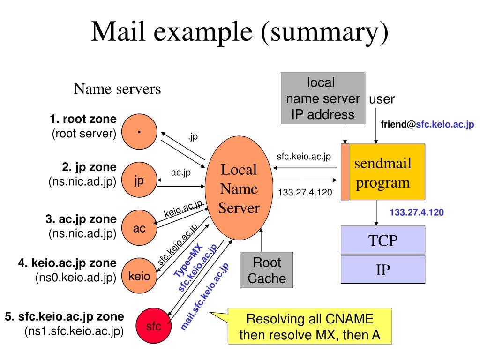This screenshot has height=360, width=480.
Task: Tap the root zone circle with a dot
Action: point(139,133)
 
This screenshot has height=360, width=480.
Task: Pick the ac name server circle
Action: point(139,228)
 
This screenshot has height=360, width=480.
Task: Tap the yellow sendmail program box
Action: point(387,172)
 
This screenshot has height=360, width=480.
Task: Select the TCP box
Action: point(382,240)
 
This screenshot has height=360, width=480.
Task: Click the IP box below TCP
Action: point(382,270)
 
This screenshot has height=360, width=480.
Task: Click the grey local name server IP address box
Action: point(322,98)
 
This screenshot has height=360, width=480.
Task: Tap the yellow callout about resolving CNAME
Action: point(309,327)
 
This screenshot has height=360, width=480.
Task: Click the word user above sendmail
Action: point(382,99)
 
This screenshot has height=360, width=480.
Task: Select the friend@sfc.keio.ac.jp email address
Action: point(427,125)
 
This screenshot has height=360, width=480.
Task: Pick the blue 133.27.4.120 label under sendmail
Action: point(416,212)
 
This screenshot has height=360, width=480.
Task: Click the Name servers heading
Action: point(117,89)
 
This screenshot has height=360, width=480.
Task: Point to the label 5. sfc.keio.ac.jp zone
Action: point(65,316)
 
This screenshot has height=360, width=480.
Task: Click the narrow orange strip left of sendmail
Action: point(345,172)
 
